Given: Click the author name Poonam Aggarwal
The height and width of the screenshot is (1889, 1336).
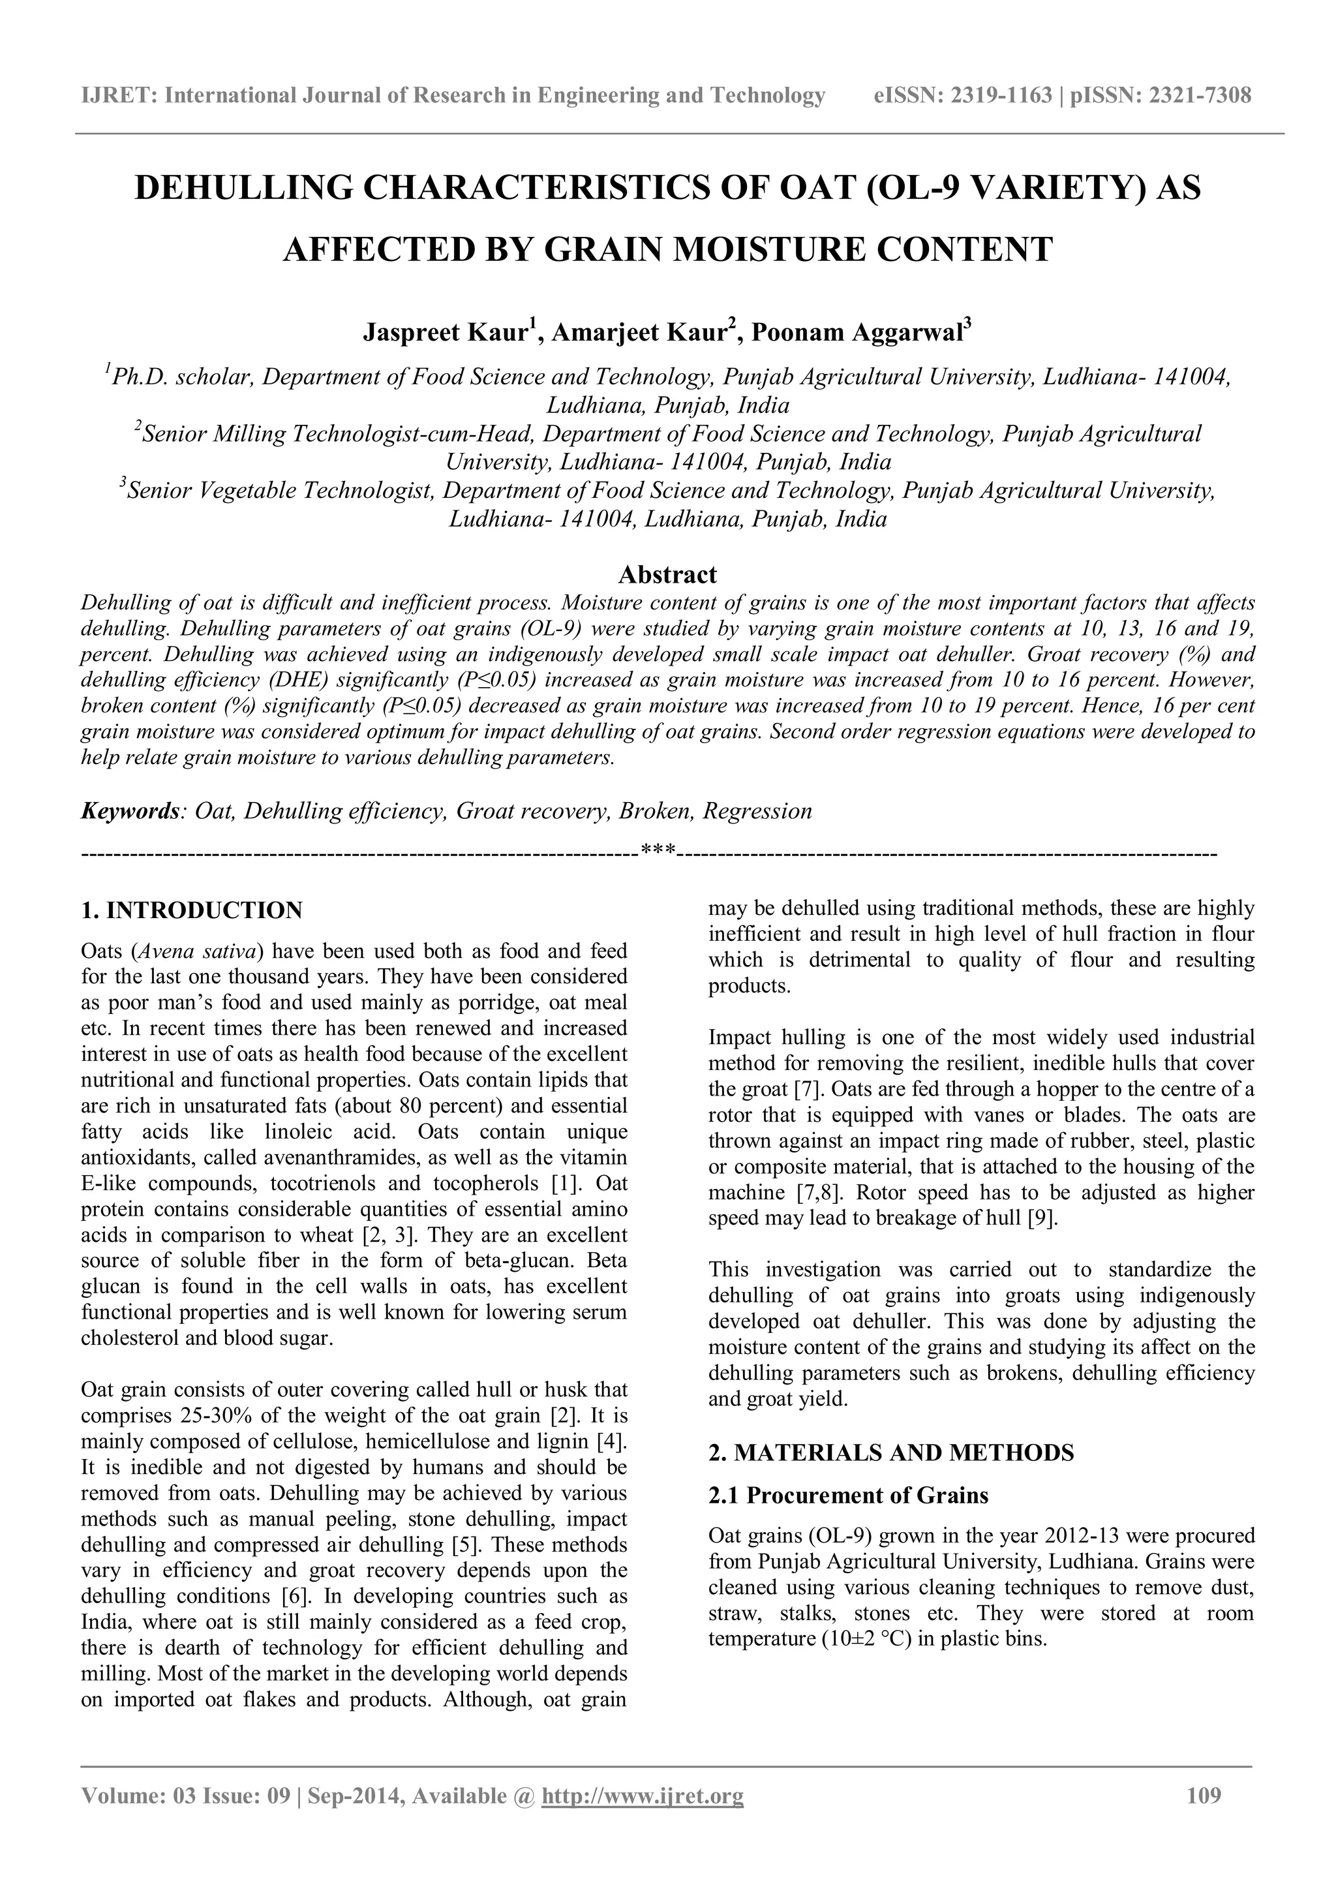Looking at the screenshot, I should (x=856, y=332).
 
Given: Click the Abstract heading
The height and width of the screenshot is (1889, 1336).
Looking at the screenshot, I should (x=667, y=574).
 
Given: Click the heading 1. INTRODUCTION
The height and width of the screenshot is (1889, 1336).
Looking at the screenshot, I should (x=192, y=910).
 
